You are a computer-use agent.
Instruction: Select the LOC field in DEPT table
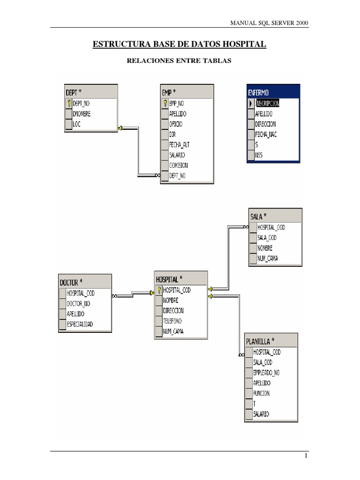pyautogui.click(x=77, y=124)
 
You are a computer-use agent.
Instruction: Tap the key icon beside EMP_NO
pyautogui.click(x=165, y=103)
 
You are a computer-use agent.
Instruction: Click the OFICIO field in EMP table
pyautogui.click(x=176, y=124)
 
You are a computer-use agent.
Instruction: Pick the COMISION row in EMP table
pyautogui.click(x=179, y=165)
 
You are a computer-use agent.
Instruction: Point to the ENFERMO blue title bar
pyautogui.click(x=273, y=93)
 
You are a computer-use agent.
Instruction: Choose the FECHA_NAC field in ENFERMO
pyautogui.click(x=266, y=135)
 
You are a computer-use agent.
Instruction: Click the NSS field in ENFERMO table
pyautogui.click(x=259, y=155)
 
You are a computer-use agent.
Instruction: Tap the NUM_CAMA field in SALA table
pyautogui.click(x=268, y=258)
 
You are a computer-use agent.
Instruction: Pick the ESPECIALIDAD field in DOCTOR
pyautogui.click(x=80, y=324)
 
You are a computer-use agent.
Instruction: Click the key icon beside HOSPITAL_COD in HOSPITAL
pyautogui.click(x=159, y=290)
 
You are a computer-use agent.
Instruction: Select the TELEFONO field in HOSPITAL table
pyautogui.click(x=172, y=321)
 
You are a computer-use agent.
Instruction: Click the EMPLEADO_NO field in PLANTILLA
pyautogui.click(x=266, y=373)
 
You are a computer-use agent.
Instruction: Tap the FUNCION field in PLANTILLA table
pyautogui.click(x=262, y=393)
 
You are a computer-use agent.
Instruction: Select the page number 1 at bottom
pyautogui.click(x=305, y=456)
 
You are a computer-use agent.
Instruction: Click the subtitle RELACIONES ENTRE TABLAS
pyautogui.click(x=180, y=60)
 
